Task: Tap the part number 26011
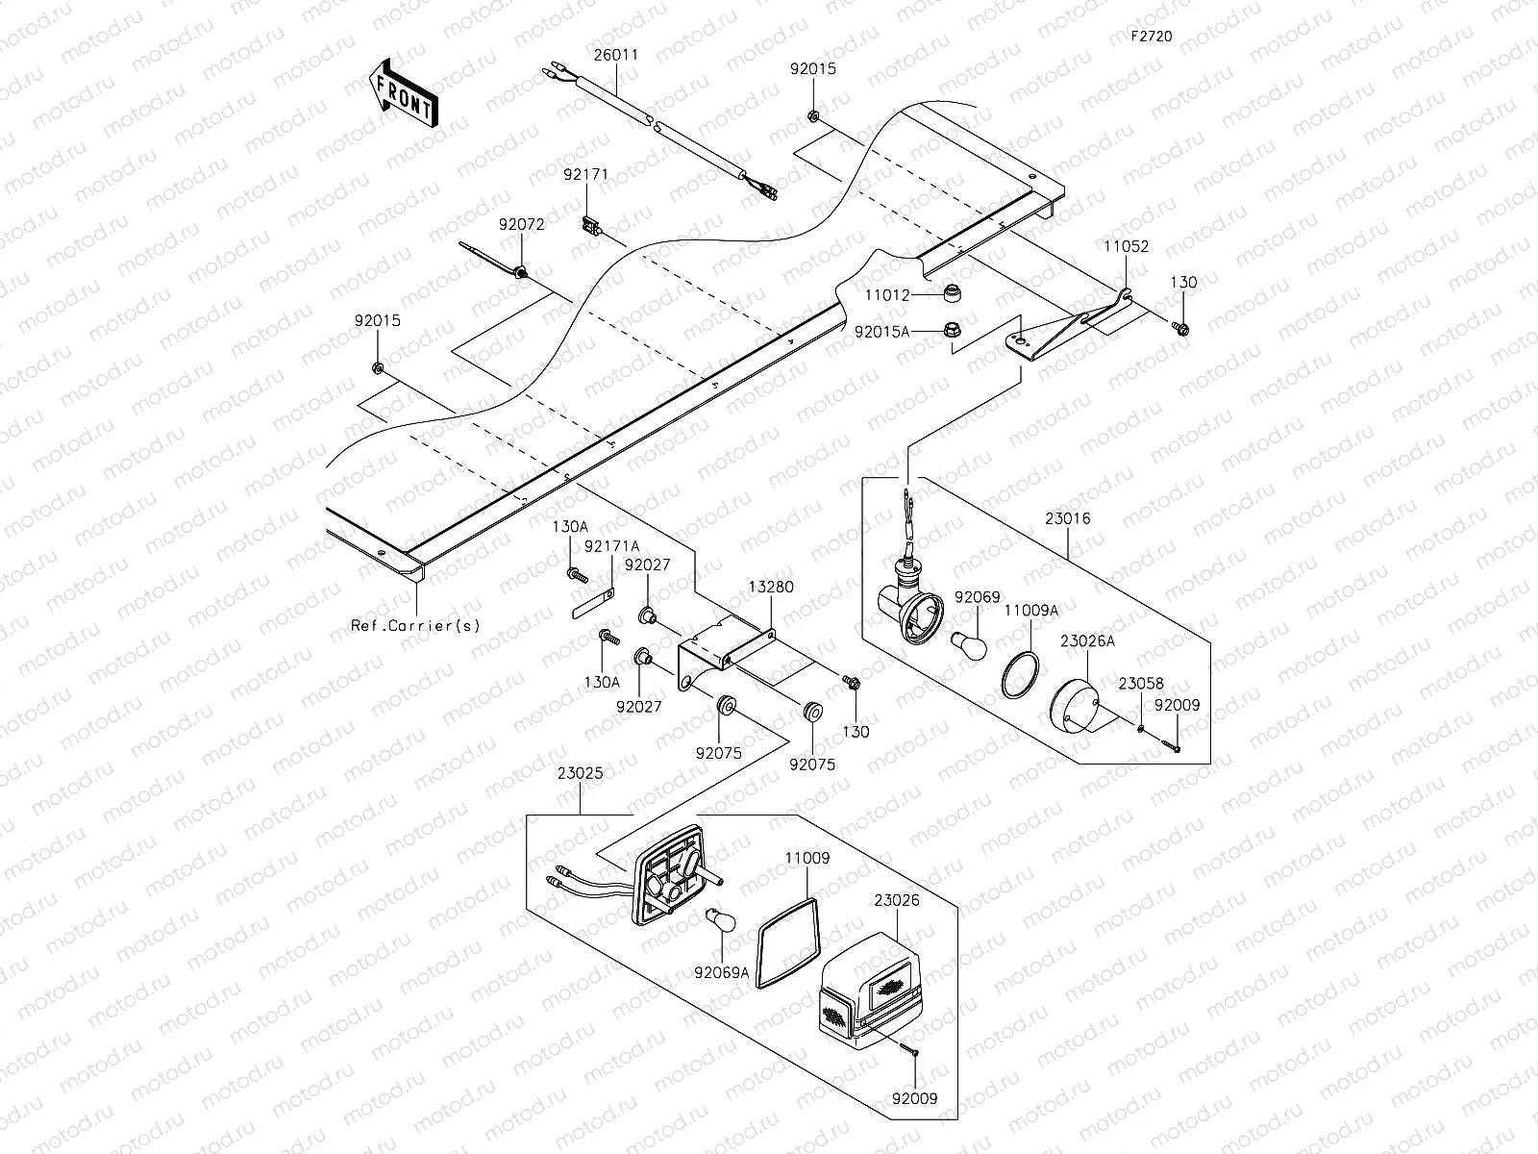tap(615, 55)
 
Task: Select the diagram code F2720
tap(1151, 36)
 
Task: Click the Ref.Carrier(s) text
tap(415, 626)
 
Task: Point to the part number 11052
tap(1125, 246)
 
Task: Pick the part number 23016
tap(1068, 518)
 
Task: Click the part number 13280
tap(772, 587)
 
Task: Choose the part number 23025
tap(580, 771)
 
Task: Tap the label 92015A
tap(881, 331)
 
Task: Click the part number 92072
tap(521, 224)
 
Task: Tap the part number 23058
tap(1140, 684)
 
